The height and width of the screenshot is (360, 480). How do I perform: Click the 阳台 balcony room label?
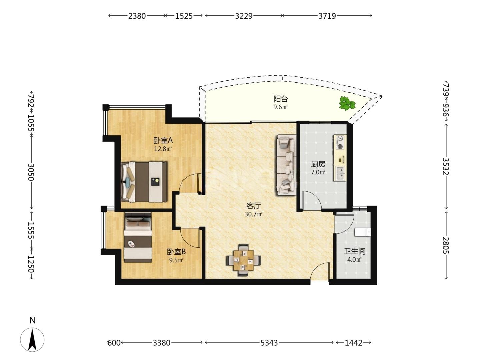tap(281, 99)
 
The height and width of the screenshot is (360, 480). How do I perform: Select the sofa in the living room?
tap(286, 165)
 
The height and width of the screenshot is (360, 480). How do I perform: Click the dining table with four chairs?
tap(243, 260)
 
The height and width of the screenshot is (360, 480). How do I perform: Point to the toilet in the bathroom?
tap(363, 232)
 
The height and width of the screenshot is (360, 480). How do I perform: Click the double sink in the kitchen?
tap(340, 173)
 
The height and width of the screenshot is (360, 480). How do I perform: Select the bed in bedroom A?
tap(144, 182)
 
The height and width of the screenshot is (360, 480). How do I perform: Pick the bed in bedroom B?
tap(138, 237)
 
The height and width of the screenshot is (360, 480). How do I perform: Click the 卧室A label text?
tap(163, 140)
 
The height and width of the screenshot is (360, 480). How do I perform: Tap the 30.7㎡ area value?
tap(253, 214)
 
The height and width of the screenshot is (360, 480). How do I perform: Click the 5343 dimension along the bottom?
tap(269, 343)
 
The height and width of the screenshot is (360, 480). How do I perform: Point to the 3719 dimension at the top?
tap(327, 16)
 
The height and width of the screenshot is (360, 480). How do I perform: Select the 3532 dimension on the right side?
tap(446, 166)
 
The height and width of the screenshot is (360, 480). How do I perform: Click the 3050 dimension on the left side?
tap(31, 172)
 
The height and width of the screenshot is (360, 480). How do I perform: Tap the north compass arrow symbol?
tap(32, 340)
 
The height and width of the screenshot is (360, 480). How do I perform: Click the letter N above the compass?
tap(33, 320)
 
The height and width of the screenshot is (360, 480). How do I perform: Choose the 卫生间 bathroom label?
tap(355, 251)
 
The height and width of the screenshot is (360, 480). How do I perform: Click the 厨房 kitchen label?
tap(318, 164)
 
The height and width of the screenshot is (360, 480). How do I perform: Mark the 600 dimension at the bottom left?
tap(114, 343)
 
